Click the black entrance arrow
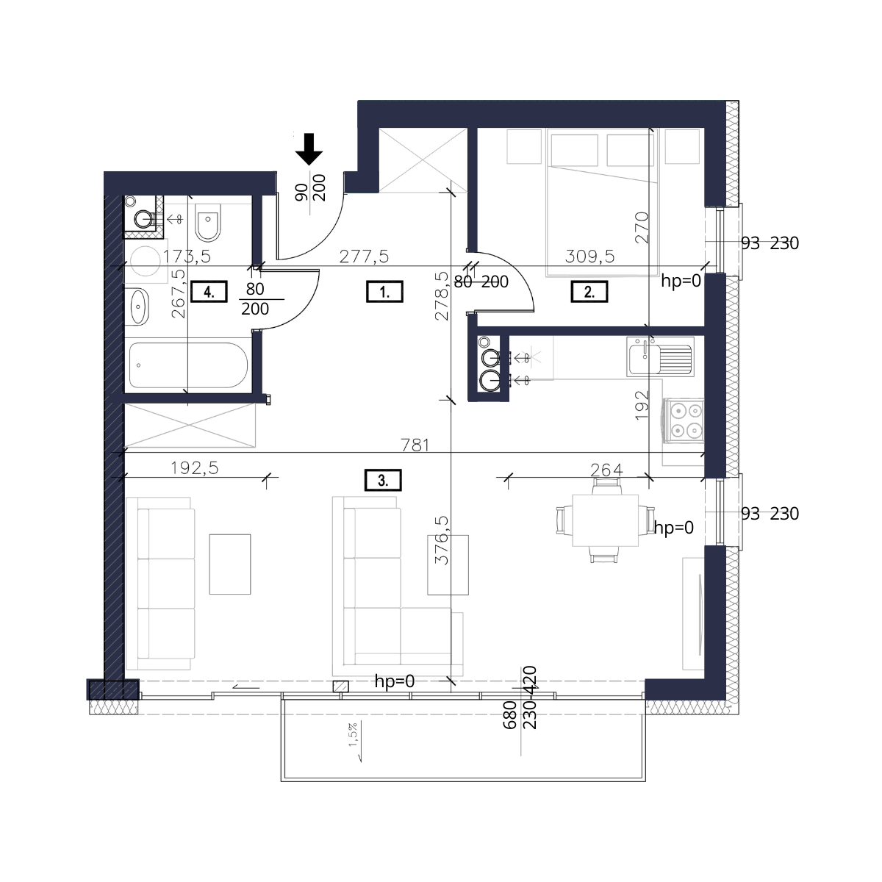309,149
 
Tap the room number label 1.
384,292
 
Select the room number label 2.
589,292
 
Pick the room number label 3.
383,480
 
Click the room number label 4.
209,292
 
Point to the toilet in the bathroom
208,223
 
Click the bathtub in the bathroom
188,365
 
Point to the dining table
605,520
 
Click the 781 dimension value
415,445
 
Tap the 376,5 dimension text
442,540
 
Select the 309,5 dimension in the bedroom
589,257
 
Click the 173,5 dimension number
187,257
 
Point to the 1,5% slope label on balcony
353,734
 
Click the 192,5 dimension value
195,467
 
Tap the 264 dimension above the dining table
606,470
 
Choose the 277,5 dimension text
364,257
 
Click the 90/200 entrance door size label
310,187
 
